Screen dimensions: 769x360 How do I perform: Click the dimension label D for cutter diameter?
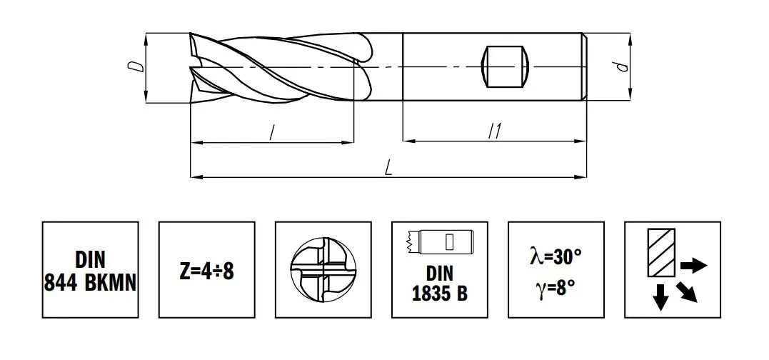coord(140,66)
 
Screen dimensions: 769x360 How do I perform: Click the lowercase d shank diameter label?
coord(623,66)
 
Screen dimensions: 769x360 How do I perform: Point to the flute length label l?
coord(272,132)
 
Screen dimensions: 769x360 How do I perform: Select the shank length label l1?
coord(495,131)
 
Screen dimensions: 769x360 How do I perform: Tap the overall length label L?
coord(388,168)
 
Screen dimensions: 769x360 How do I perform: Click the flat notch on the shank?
coord(506,66)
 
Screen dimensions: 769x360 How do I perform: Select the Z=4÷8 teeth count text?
coord(206,271)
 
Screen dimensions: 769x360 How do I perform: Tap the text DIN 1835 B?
coord(439,284)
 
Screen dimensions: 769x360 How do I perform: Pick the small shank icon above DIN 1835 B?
coord(439,242)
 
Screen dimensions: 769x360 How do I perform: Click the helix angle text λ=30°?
coord(556,256)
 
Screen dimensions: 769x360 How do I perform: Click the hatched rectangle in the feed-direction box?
coord(661,252)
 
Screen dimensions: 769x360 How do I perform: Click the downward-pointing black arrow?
coord(661,296)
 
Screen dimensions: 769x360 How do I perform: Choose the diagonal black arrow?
coord(687,292)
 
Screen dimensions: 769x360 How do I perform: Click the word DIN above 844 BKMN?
coord(90,261)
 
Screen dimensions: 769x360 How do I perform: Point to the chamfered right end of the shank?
coord(585,66)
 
